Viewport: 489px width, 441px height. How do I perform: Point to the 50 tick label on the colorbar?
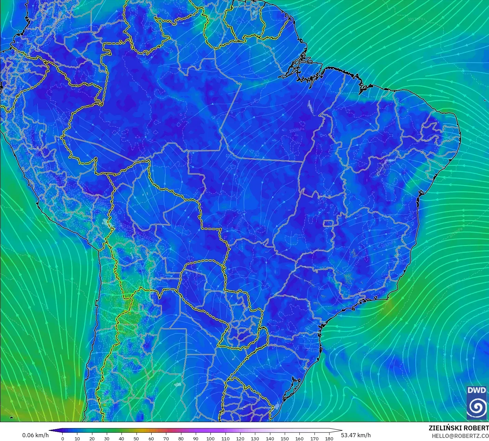coord(136,438)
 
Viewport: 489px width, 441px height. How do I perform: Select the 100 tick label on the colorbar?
coord(210,438)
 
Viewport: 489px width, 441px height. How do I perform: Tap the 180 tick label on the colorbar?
coord(329,438)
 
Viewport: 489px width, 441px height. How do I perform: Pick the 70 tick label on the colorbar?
coord(166,438)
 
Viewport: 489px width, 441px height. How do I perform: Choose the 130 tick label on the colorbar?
coord(255,438)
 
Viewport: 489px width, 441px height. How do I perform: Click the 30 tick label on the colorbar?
coord(107,438)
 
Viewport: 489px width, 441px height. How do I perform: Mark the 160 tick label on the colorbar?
coord(299,438)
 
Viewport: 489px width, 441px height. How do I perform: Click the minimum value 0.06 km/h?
coord(36,435)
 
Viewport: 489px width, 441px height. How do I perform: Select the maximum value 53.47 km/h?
coord(356,435)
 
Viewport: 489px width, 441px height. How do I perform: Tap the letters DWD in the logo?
coord(477,390)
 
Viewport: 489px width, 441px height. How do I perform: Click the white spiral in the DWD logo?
coord(477,407)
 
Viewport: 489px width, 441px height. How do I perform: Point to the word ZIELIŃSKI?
coord(443,428)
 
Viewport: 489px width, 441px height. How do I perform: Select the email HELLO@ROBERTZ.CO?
coord(460,436)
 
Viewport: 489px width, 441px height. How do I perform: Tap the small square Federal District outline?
coord(329,224)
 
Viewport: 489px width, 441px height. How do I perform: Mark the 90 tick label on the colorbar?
coord(196,438)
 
